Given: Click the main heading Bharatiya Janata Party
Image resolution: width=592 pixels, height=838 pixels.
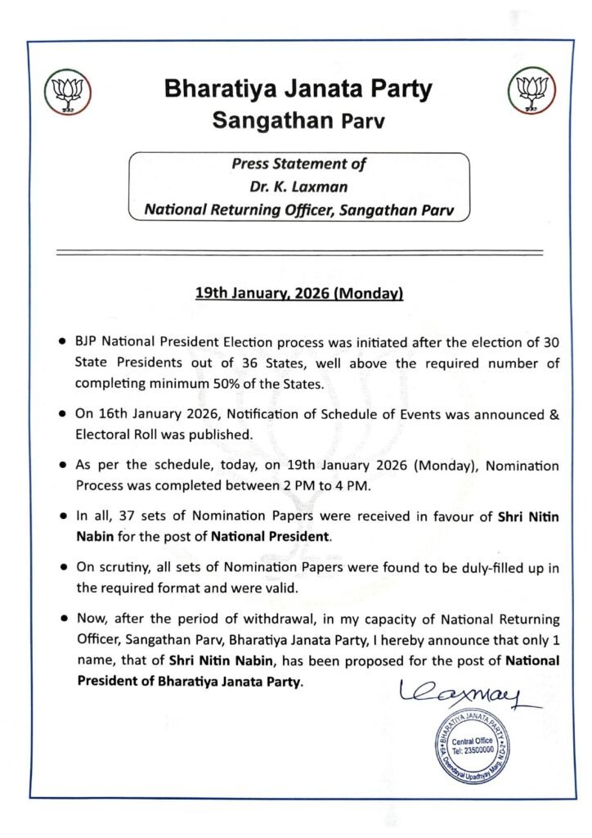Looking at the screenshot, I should coord(297,89).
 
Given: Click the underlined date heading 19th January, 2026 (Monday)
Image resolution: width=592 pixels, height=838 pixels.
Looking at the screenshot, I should coord(300,292).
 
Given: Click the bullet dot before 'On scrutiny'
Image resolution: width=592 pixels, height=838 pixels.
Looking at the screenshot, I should coord(63,568).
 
